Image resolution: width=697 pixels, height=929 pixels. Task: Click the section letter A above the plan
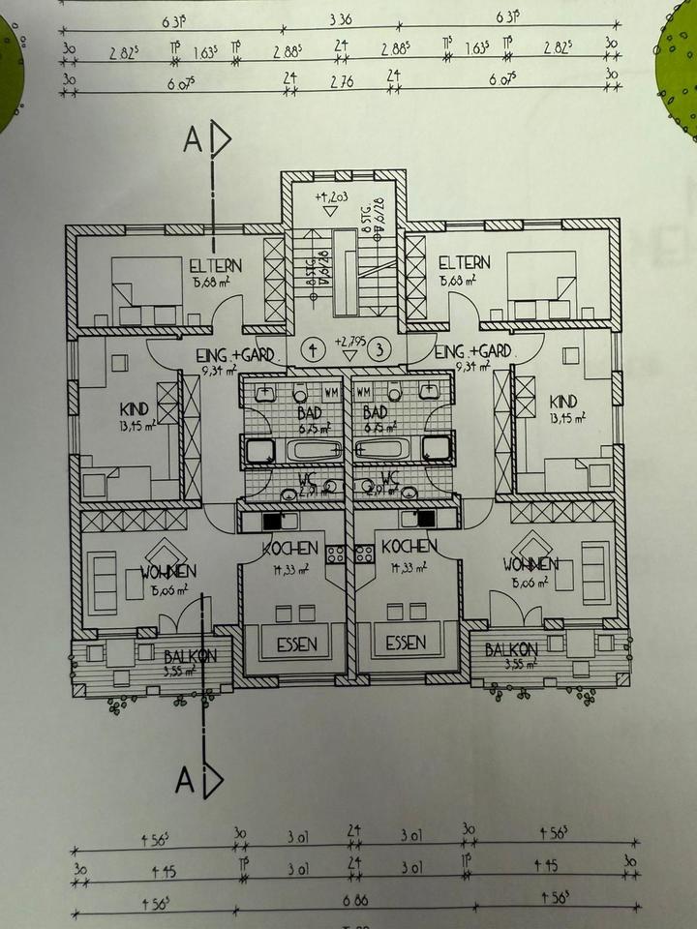(x=192, y=141)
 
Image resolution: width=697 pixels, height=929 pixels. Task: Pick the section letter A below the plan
(x=186, y=780)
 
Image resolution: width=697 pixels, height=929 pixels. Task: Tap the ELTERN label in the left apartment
(x=216, y=264)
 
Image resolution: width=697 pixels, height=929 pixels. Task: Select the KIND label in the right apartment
(x=562, y=402)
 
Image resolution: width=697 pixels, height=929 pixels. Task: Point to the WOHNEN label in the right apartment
(x=530, y=564)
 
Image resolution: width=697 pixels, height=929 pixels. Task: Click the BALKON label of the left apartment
(x=190, y=655)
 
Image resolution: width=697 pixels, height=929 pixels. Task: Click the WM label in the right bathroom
(x=365, y=393)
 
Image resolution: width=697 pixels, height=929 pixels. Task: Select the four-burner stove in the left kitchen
(x=337, y=554)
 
